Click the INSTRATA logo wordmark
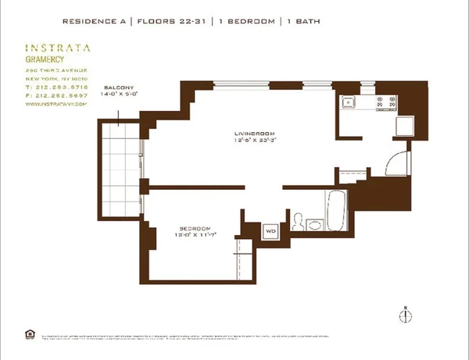click(57, 48)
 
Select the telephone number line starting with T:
click(56, 87)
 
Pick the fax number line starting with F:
click(56, 94)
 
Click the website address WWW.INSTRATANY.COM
click(54, 102)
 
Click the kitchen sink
click(348, 102)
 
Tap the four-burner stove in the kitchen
click(384, 102)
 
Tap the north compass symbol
click(405, 315)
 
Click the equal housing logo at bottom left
click(30, 333)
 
